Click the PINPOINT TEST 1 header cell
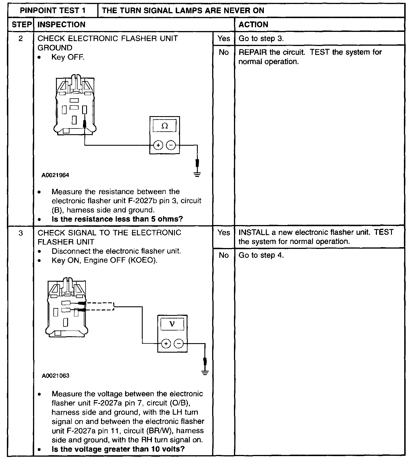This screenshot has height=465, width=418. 53,11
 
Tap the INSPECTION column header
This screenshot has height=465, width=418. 61,25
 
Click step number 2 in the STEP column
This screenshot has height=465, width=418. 21,39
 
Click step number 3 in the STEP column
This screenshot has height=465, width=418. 21,233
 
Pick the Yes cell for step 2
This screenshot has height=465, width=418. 224,39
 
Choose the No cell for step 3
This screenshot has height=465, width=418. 224,255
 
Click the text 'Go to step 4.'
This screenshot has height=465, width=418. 261,255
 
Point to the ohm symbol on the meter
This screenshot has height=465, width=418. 165,126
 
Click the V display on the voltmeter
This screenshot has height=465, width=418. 172,324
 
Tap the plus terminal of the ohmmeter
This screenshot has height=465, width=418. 158,145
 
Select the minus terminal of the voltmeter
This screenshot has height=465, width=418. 179,343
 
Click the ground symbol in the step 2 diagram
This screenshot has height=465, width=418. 197,174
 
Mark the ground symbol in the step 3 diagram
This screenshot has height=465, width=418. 205,373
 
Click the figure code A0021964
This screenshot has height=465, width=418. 55,175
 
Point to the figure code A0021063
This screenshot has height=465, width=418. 55,376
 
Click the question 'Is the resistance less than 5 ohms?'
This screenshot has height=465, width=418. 117,219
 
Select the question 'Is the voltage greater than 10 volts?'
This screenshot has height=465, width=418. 118,449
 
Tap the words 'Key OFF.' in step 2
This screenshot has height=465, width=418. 68,57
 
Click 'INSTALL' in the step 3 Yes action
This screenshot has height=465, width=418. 253,232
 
